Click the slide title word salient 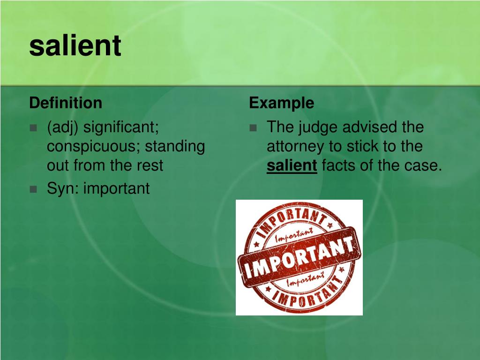point(75,45)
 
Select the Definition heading point(66,103)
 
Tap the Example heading point(282,103)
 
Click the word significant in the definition point(121,127)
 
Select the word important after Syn point(116,188)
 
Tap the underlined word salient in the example point(292,165)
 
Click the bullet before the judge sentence point(253,127)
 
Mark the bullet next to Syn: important point(33,189)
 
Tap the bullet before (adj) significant point(33,127)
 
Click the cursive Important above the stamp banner point(294,235)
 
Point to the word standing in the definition point(175,147)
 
